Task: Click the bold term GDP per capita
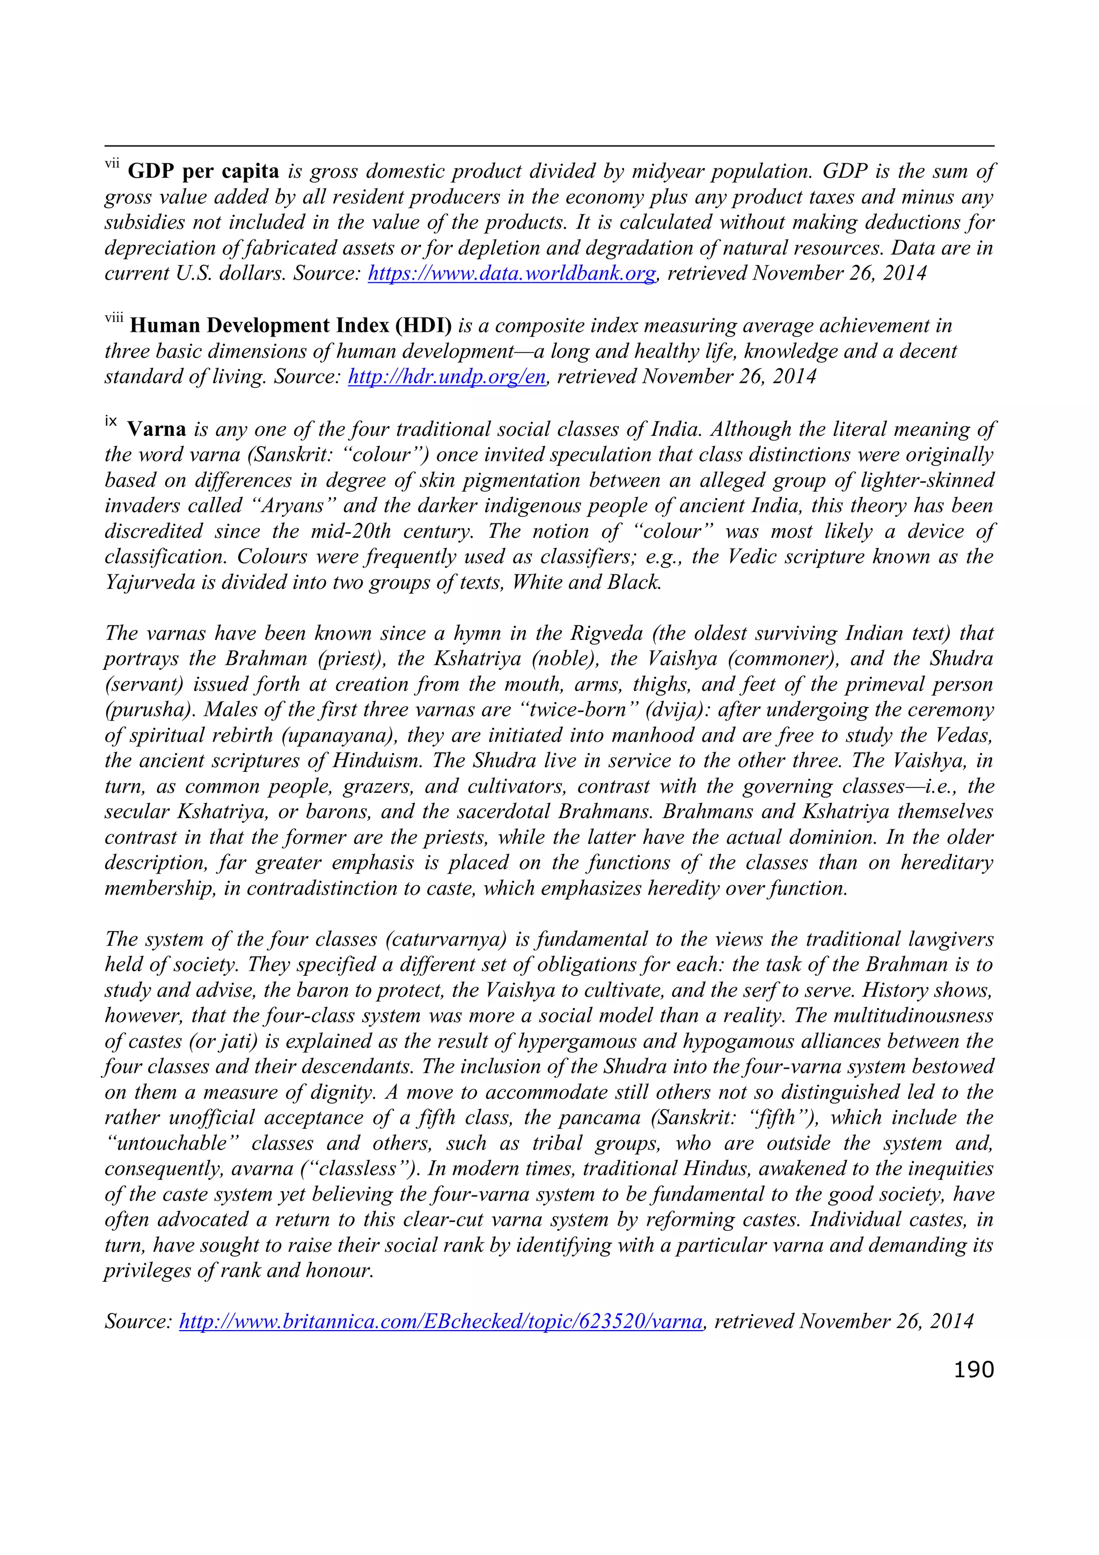(203, 171)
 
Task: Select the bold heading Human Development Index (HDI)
(290, 326)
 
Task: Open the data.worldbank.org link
(512, 274)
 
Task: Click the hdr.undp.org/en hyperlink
(446, 377)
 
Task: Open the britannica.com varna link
(441, 1322)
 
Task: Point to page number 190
(973, 1369)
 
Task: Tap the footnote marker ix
(111, 422)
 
